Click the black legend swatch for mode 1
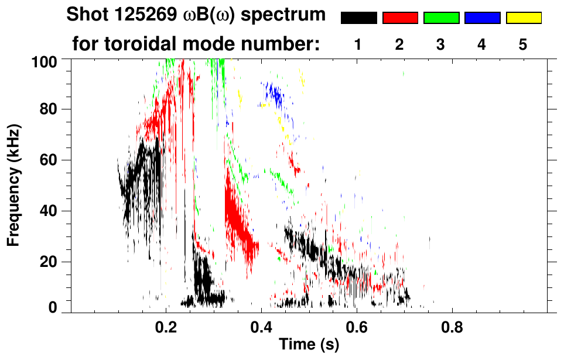359,18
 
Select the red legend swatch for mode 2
400,18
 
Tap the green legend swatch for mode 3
441,18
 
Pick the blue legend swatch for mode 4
482,18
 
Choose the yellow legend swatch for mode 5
524,18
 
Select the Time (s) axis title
309,345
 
